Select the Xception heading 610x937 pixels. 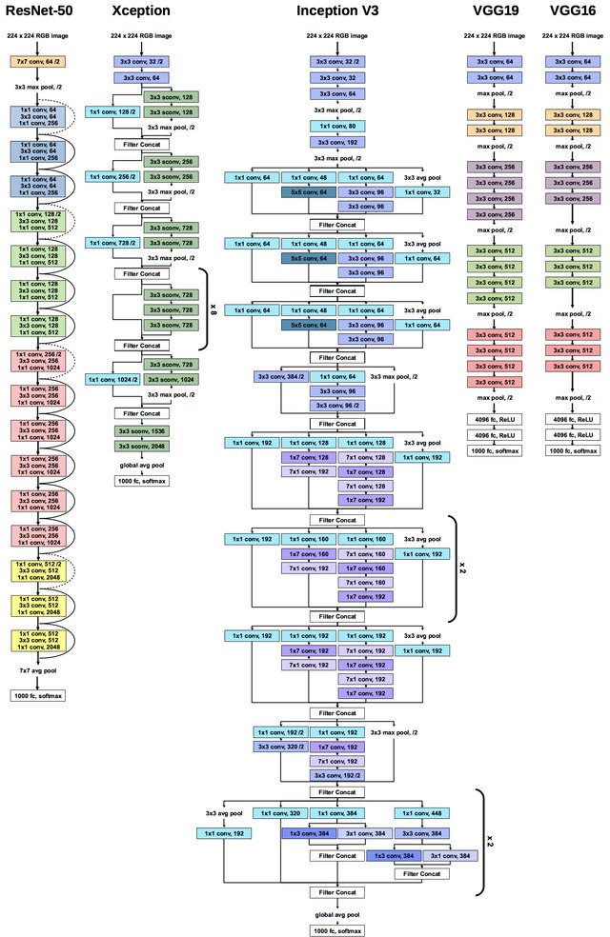click(140, 10)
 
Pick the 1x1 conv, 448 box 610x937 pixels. click(421, 814)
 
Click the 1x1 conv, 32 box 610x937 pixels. click(421, 192)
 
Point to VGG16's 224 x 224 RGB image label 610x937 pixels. click(574, 35)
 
